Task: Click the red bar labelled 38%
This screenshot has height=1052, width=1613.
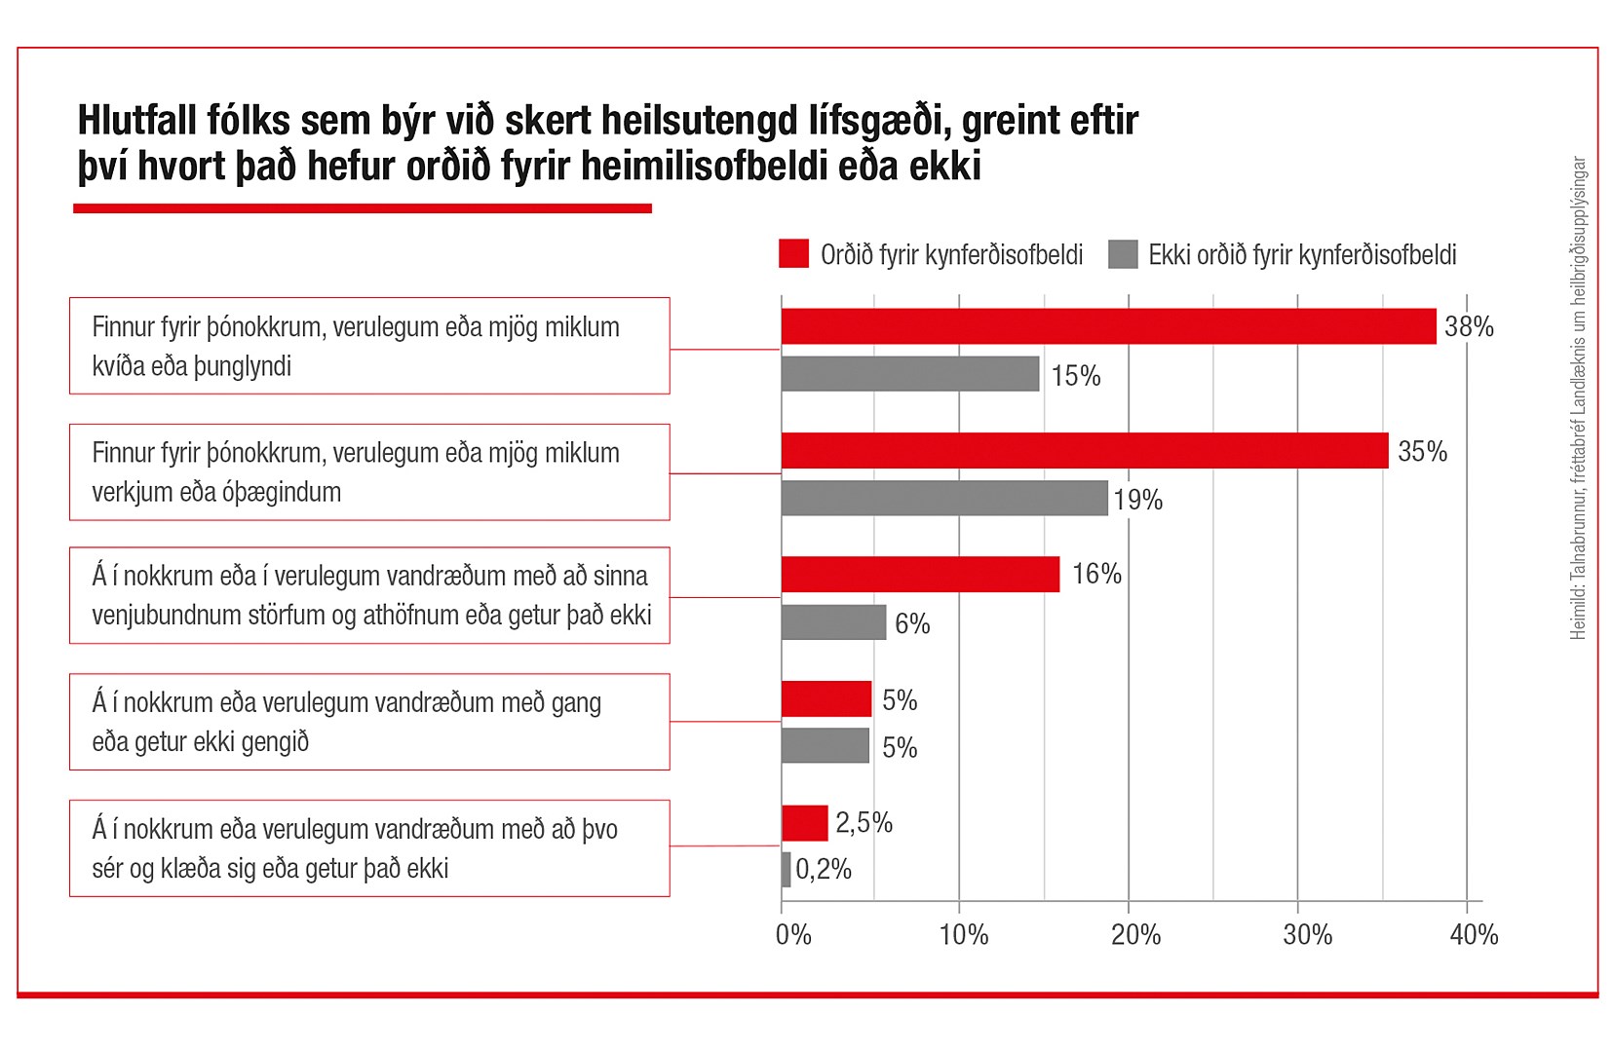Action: click(1108, 326)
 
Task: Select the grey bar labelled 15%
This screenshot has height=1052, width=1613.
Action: click(910, 374)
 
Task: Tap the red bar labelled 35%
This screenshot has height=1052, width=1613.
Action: click(1085, 451)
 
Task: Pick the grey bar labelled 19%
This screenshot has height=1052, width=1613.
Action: click(944, 498)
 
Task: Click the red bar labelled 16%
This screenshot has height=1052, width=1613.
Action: click(920, 575)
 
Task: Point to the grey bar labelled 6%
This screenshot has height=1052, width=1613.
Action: click(833, 622)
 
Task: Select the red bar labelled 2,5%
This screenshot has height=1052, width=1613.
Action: click(804, 823)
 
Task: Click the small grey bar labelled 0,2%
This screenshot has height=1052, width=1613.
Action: click(786, 870)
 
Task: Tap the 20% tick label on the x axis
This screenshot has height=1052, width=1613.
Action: click(1135, 935)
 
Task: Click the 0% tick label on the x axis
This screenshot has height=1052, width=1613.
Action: click(793, 935)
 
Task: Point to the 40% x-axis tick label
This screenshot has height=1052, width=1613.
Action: click(1474, 935)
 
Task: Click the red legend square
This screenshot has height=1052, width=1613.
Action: click(794, 254)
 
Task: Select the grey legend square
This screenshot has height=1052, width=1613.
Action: click(1123, 254)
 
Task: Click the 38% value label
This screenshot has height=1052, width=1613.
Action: click(1469, 327)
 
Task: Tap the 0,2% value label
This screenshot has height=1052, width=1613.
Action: click(824, 869)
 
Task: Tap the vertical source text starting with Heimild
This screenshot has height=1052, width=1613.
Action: click(1578, 399)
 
